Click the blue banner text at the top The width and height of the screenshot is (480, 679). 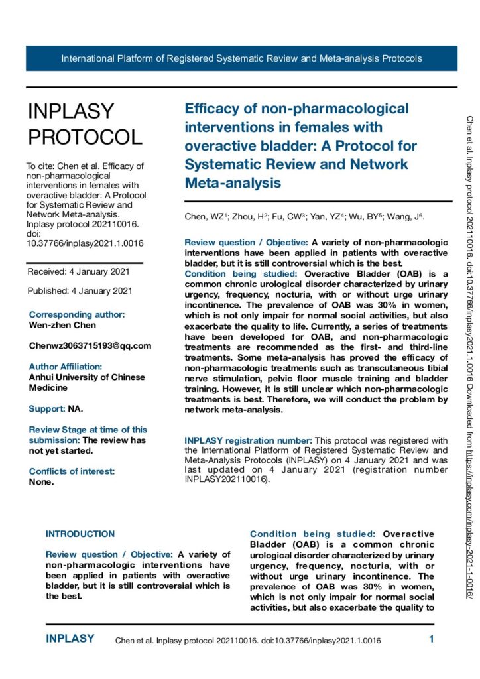(241, 58)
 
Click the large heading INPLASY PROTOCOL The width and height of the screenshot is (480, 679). (84, 124)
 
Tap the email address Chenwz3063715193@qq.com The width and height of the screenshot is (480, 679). (90, 345)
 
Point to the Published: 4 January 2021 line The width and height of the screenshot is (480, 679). (80, 290)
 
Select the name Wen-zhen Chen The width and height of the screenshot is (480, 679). (62, 325)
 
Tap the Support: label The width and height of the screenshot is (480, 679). (47, 408)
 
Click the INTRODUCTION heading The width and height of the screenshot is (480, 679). (80, 534)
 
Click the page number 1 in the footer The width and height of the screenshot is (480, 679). (431, 640)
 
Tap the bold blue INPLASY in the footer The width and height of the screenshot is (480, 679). (70, 639)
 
